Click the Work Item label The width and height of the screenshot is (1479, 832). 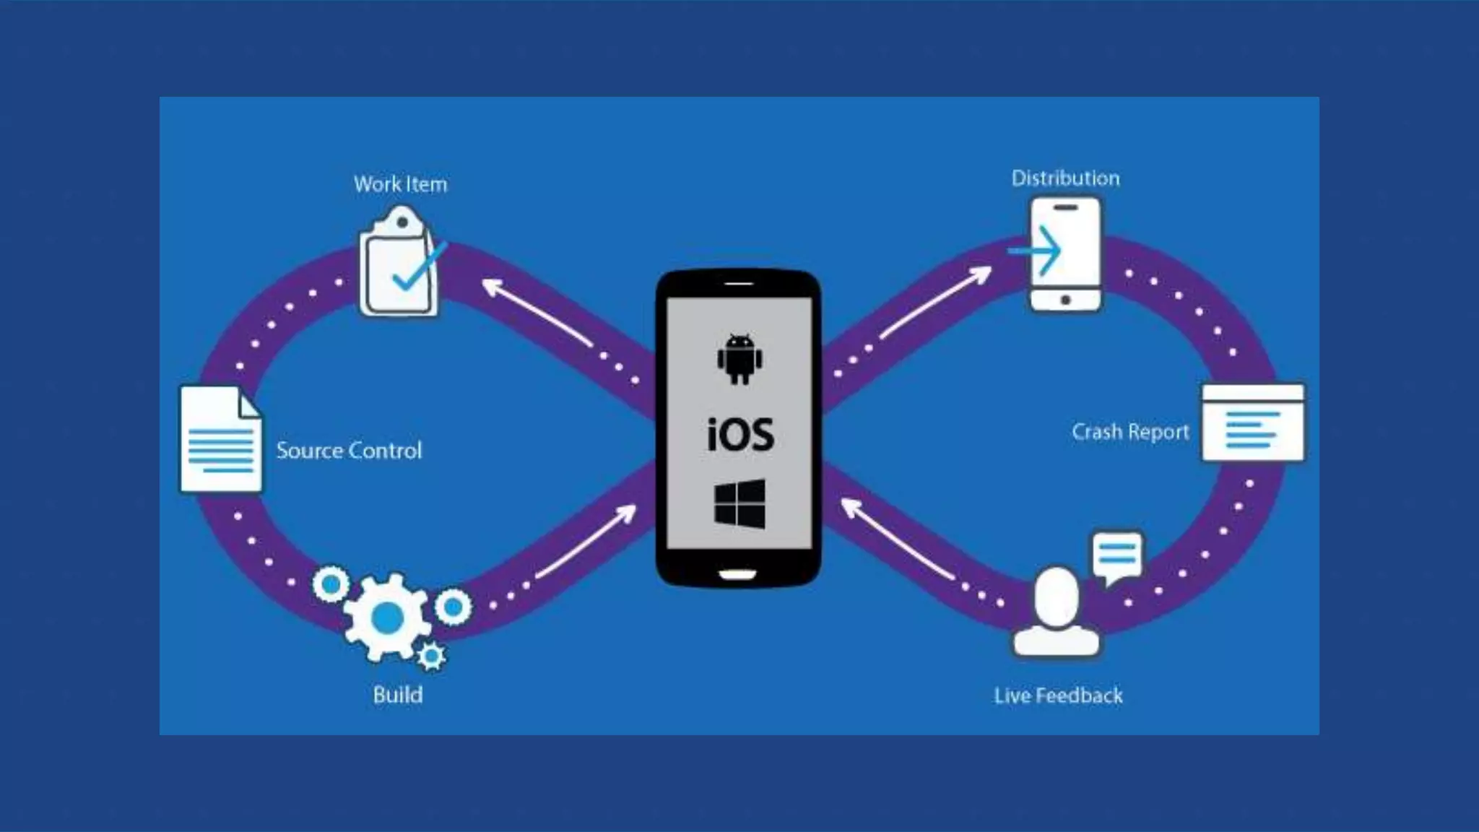pos(400,184)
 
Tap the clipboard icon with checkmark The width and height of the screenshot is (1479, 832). pos(399,264)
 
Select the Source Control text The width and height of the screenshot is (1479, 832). pos(349,451)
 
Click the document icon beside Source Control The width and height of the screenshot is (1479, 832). pos(220,439)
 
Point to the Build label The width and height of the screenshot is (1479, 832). pos(398,695)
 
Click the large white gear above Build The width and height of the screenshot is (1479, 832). pos(386,617)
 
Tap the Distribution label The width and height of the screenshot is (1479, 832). pos(1065,178)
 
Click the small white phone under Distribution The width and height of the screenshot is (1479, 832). pos(1066,254)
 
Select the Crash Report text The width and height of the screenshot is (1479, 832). pos(1130,432)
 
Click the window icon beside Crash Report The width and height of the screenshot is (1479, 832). pos(1253,423)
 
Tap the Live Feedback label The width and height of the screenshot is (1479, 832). pos(1058,695)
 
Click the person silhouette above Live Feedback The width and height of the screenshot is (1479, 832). pos(1057,612)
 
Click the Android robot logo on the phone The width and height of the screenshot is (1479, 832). pos(739,358)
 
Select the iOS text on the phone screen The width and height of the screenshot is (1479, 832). pos(740,435)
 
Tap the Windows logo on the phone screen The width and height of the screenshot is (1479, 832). pos(739,503)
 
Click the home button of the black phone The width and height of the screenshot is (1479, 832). pos(738,574)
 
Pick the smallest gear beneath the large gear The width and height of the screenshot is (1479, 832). pos(432,656)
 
